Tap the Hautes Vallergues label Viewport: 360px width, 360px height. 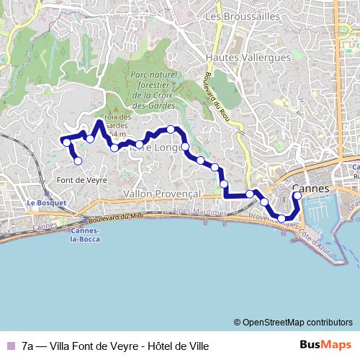(x=248, y=57)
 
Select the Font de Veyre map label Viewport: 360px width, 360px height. (x=81, y=180)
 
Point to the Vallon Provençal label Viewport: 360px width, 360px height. (x=161, y=194)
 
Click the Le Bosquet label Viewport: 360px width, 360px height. (x=46, y=203)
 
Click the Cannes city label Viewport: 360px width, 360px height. (x=311, y=189)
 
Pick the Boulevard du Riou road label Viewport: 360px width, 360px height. (x=215, y=101)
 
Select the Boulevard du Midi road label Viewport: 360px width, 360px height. (x=107, y=217)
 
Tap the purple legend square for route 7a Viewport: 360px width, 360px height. (x=10, y=346)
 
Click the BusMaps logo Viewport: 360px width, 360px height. (x=326, y=345)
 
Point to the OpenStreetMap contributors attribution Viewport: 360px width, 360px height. (x=292, y=323)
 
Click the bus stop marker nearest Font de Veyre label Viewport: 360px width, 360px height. (x=78, y=161)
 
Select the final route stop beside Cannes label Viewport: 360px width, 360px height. (x=297, y=195)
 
